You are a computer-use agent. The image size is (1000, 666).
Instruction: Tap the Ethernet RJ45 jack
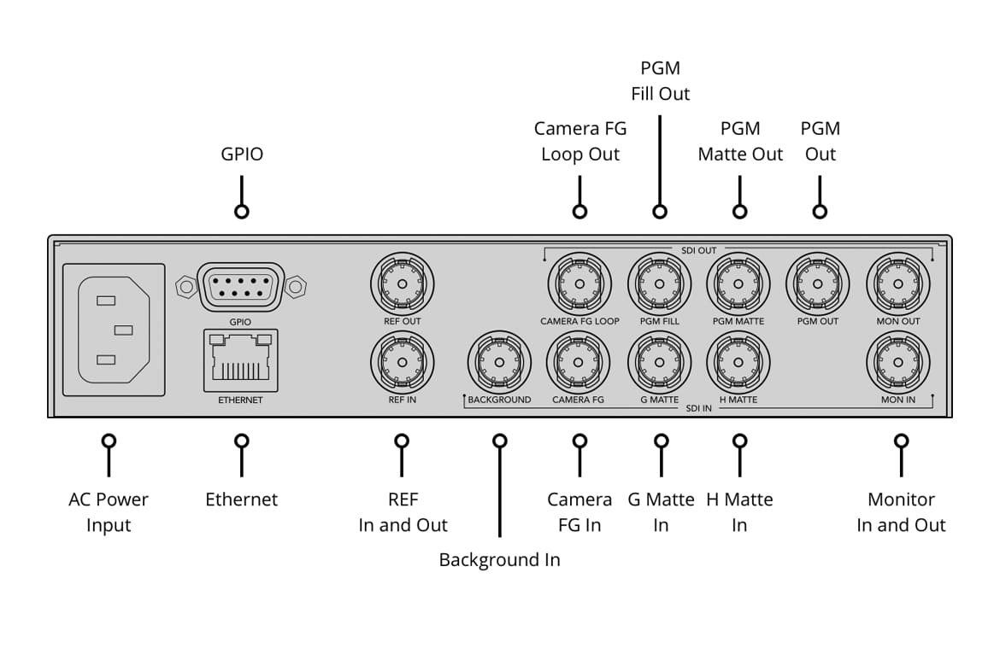pyautogui.click(x=240, y=358)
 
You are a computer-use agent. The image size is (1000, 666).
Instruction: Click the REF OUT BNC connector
pyautogui.click(x=402, y=284)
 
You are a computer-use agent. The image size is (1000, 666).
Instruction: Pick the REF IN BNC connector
pyautogui.click(x=402, y=362)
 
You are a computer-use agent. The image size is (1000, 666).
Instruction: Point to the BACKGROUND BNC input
pyautogui.click(x=499, y=362)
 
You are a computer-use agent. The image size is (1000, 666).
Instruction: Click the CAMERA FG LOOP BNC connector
pyautogui.click(x=579, y=284)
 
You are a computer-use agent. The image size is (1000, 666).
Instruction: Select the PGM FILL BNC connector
pyautogui.click(x=660, y=284)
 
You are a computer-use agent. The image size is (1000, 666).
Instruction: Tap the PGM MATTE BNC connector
pyautogui.click(x=738, y=284)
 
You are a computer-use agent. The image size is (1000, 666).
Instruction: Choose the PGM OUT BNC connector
pyautogui.click(x=818, y=284)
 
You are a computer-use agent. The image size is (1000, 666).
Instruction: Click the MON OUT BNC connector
pyautogui.click(x=898, y=284)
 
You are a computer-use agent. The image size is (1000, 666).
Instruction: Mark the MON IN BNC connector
pyautogui.click(x=898, y=362)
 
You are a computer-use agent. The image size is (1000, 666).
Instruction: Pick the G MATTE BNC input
pyautogui.click(x=660, y=362)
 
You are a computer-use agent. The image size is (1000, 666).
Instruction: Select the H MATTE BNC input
pyautogui.click(x=738, y=362)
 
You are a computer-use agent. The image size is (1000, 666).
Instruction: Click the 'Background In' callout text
pyautogui.click(x=499, y=560)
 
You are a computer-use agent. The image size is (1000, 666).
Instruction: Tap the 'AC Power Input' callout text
pyautogui.click(x=109, y=512)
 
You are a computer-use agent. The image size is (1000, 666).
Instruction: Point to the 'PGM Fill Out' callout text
pyautogui.click(x=660, y=80)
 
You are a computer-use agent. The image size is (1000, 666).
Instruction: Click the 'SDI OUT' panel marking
pyautogui.click(x=699, y=250)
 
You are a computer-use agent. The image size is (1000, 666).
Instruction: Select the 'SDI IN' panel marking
pyautogui.click(x=699, y=408)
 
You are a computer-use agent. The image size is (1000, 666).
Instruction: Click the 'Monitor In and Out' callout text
pyautogui.click(x=901, y=512)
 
